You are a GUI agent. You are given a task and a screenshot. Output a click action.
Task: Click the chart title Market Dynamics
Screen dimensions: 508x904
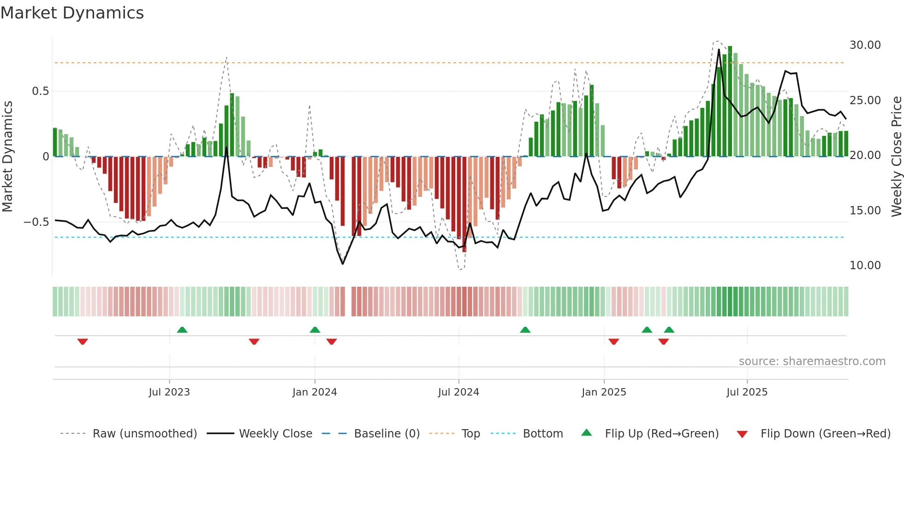pos(72,13)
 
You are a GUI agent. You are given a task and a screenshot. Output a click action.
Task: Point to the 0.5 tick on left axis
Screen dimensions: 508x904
pos(40,91)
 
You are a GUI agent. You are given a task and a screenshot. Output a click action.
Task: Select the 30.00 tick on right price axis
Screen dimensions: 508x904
pos(865,45)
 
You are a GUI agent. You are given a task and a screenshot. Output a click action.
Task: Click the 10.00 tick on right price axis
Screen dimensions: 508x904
pos(865,266)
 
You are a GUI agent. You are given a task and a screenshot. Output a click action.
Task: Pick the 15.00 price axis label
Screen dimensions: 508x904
pos(865,211)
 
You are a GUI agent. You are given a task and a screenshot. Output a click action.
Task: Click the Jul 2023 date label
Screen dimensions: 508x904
pos(169,392)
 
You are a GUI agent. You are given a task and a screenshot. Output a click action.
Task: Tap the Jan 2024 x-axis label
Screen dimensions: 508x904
pos(315,392)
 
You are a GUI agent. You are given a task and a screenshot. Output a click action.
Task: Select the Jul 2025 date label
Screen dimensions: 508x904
pos(747,392)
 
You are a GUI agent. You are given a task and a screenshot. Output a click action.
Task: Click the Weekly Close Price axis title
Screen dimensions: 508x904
pos(896,157)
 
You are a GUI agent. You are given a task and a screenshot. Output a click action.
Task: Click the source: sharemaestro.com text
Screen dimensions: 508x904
pos(812,361)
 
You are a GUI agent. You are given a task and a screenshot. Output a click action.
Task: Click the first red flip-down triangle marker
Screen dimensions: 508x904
pos(83,342)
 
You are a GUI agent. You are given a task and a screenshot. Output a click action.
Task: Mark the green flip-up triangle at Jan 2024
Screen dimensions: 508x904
pos(315,330)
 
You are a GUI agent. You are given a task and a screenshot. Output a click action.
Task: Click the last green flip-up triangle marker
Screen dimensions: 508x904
pos(669,330)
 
